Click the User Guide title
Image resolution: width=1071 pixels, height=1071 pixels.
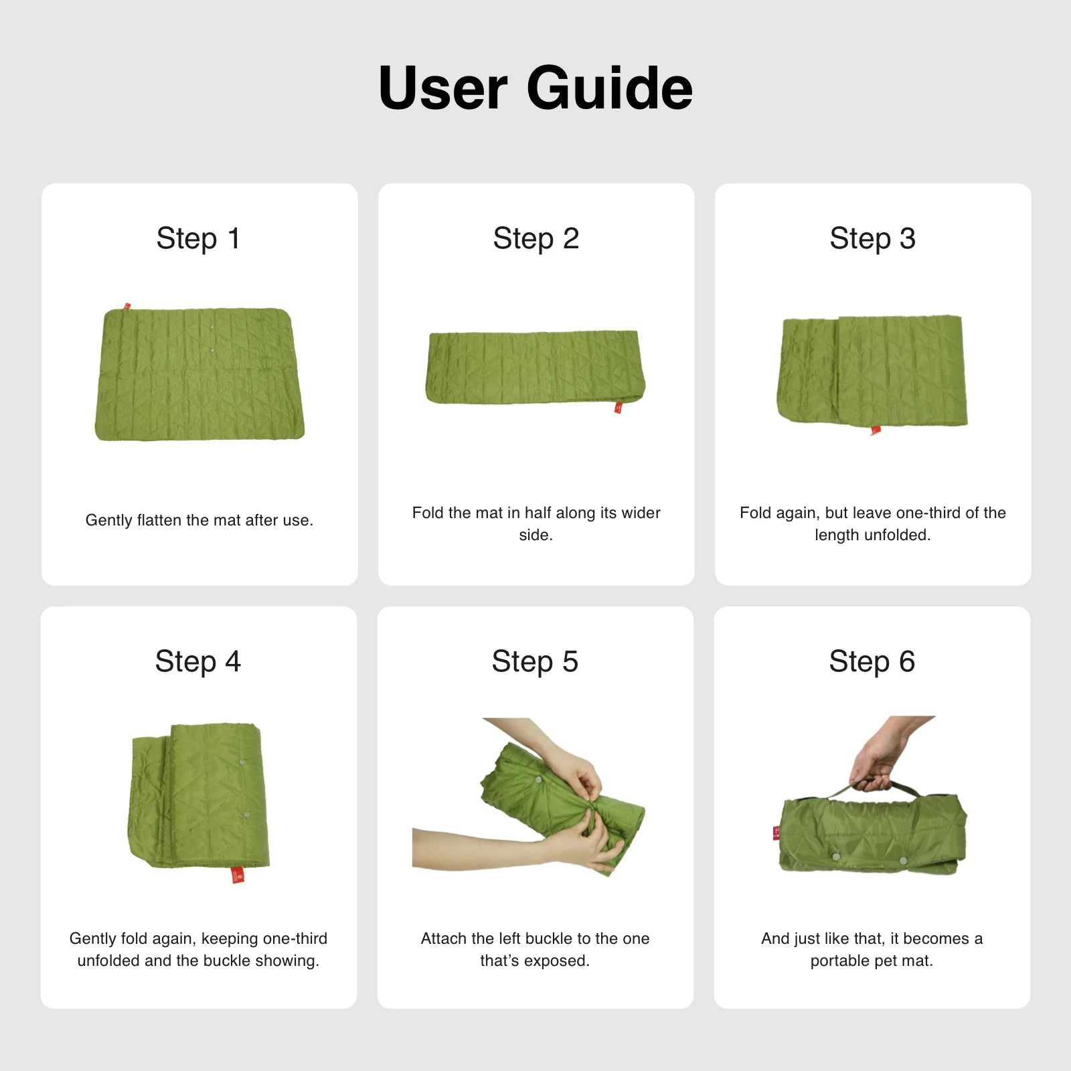[x=535, y=88]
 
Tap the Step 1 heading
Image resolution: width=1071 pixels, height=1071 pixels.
[x=198, y=238]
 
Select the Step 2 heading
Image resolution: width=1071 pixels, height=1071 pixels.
[x=536, y=238]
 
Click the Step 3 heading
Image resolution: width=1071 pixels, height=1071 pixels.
[x=873, y=238]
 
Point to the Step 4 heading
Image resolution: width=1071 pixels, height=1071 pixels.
[x=198, y=661]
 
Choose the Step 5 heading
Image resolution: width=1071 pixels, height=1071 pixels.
[x=535, y=661]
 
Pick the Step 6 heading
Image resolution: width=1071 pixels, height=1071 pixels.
[x=872, y=661]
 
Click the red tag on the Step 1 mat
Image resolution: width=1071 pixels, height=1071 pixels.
[x=127, y=307]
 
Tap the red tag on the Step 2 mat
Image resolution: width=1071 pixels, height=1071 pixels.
[x=618, y=407]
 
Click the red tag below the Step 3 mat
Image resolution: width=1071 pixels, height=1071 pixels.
[x=876, y=430]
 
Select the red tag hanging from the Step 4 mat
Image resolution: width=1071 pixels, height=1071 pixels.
[x=238, y=875]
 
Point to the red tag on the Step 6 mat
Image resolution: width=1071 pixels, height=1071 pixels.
[x=776, y=833]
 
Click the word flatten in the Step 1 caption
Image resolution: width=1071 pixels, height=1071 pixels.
[x=161, y=520]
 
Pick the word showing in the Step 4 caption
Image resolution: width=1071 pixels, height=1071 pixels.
[x=291, y=961]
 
